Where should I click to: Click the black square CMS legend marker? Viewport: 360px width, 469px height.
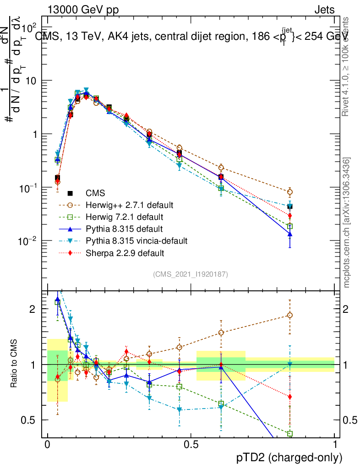pos(71,193)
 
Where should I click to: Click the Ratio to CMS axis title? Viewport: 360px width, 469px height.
pos(14,364)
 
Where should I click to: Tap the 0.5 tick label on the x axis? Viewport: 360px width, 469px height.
pos(191,445)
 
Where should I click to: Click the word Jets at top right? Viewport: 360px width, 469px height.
pos(324,11)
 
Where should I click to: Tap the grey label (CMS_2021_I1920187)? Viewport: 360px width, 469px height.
pos(191,274)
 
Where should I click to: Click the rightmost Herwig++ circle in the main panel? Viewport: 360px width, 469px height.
pos(289,192)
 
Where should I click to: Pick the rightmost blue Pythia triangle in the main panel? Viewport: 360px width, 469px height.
pos(289,234)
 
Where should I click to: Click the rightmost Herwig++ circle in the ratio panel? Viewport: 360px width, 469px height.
pos(289,315)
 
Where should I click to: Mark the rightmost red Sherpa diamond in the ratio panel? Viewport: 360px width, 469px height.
pos(289,397)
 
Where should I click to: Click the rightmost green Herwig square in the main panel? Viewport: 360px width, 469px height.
pos(289,226)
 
